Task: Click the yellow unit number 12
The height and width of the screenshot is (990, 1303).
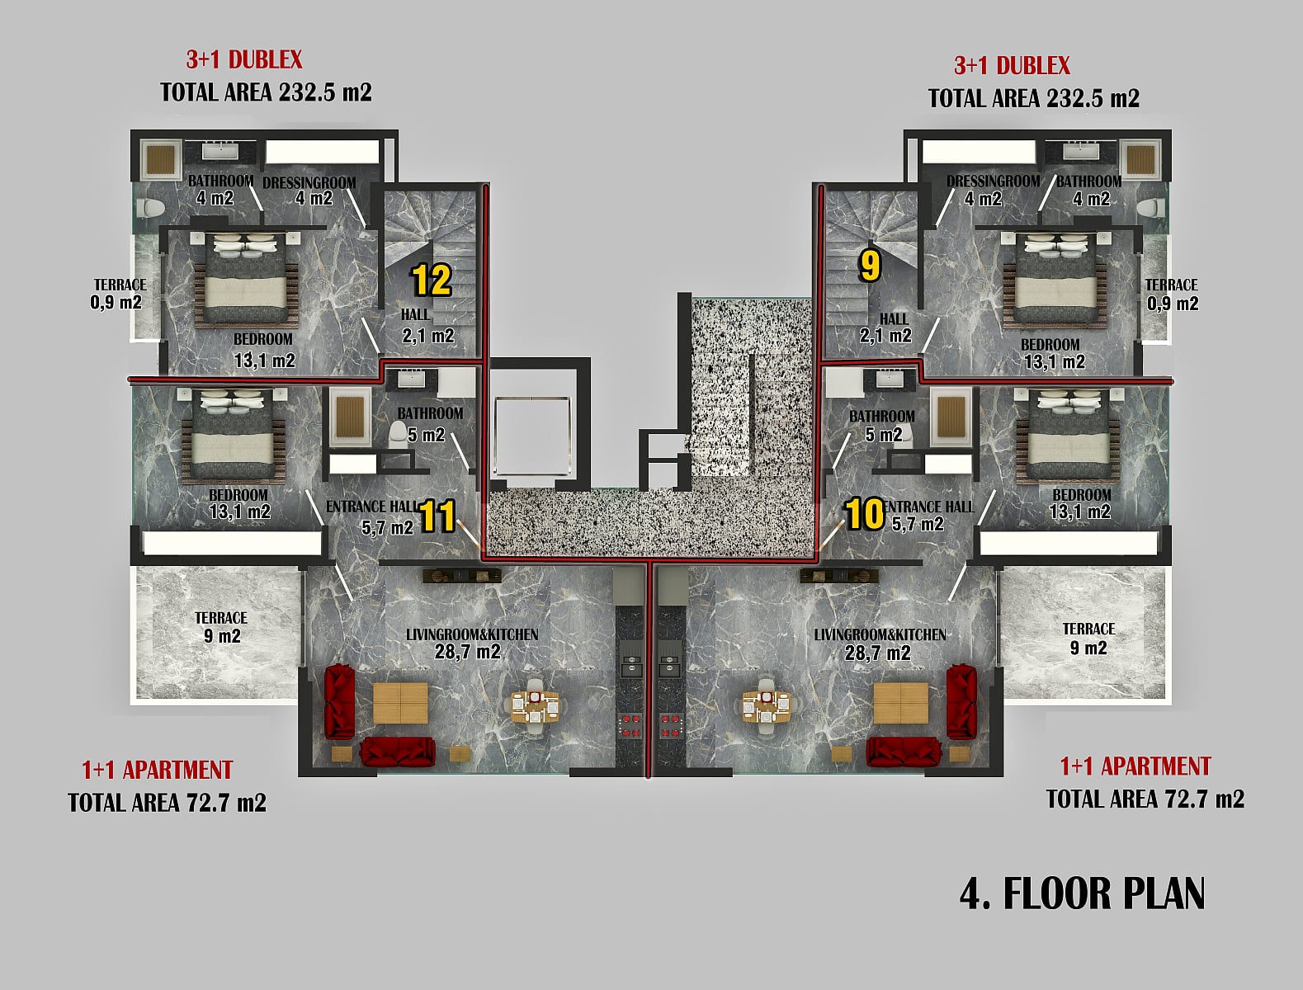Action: (432, 280)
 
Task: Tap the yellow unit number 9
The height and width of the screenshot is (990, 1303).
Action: (869, 266)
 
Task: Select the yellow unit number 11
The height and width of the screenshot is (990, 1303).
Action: (437, 515)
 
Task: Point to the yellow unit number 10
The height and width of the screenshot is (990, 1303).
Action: (864, 513)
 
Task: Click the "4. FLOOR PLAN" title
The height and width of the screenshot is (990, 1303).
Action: (1082, 893)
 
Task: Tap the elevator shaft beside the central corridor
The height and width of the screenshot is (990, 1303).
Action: (532, 437)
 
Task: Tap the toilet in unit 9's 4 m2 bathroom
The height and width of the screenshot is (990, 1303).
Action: (1151, 209)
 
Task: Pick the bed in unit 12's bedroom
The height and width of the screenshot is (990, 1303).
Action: (246, 279)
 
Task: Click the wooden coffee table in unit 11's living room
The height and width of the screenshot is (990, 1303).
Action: (400, 703)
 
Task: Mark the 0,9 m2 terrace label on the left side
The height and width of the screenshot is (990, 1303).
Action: (117, 294)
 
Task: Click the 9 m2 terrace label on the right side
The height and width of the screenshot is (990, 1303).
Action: (1088, 638)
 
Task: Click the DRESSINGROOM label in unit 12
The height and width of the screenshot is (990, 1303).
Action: (309, 183)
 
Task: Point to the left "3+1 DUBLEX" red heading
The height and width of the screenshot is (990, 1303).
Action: (244, 59)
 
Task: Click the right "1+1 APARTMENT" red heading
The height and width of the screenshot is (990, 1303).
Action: (1135, 766)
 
